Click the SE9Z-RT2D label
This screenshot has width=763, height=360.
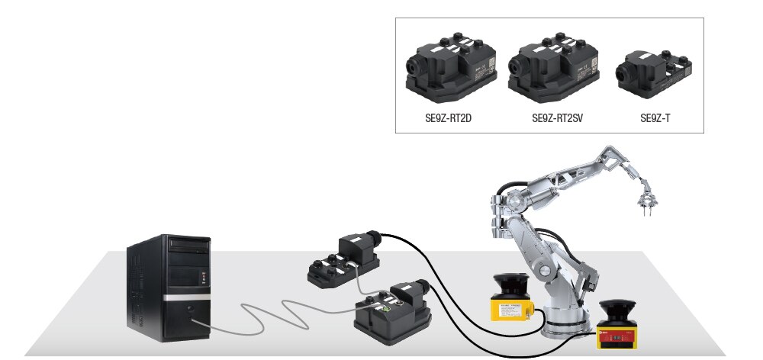pyautogui.click(x=448, y=118)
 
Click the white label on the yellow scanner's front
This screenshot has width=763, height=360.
pyautogui.click(x=513, y=310)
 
